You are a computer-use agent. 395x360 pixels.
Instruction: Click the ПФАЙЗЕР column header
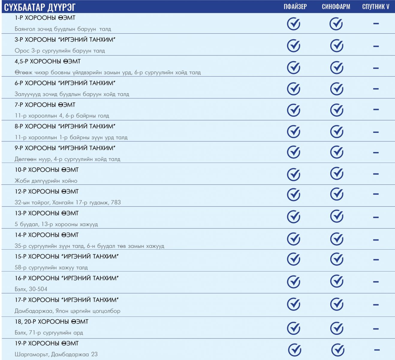[x=295, y=7]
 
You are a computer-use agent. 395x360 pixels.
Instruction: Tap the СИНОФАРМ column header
[x=336, y=7]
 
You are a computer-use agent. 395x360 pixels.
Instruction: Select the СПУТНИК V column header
[x=376, y=7]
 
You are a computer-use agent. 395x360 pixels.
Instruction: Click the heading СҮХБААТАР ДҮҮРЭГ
[x=40, y=7]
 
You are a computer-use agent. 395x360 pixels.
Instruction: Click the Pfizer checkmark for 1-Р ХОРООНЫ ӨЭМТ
[x=294, y=24]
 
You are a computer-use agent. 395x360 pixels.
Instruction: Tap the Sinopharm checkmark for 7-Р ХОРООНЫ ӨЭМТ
[x=337, y=110]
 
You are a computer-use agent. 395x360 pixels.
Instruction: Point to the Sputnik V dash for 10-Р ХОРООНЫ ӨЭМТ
[x=376, y=174]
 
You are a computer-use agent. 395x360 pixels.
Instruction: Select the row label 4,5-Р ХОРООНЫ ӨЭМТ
[x=48, y=61]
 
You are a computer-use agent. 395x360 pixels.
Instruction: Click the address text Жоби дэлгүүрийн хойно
[x=46, y=181]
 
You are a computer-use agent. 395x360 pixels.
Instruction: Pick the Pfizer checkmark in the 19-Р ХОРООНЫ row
[x=295, y=350]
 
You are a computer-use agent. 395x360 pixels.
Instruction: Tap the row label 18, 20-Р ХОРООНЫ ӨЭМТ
[x=52, y=322]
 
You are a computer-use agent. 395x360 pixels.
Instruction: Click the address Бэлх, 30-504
[x=31, y=289]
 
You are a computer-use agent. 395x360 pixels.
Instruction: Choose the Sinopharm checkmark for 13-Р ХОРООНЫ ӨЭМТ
[x=337, y=216]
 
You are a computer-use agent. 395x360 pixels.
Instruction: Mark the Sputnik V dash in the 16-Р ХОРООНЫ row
[x=376, y=282]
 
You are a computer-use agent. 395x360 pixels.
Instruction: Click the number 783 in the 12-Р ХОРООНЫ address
[x=116, y=202]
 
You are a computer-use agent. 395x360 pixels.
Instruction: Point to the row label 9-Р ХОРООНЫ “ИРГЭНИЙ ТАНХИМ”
[x=65, y=148]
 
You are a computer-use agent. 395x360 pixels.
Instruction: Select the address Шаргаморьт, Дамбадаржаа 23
[x=56, y=354]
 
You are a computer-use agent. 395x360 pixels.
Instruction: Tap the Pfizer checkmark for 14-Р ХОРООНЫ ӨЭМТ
[x=294, y=239]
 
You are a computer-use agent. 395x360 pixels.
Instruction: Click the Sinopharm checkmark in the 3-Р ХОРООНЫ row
[x=337, y=46]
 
